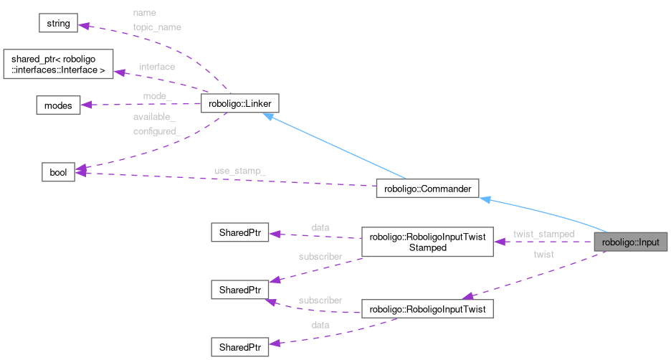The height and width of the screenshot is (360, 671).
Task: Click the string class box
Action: coord(58,24)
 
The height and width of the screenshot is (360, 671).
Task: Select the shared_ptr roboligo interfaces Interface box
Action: coord(58,65)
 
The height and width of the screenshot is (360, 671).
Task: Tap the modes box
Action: coord(58,105)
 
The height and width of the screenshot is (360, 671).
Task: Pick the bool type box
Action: coord(57,173)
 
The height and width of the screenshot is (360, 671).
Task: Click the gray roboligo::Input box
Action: coord(630,242)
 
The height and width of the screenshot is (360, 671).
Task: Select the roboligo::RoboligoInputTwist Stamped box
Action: coord(427,242)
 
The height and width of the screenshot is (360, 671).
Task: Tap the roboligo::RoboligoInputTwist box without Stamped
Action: coord(427,310)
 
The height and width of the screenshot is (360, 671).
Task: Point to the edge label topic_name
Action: coord(157,27)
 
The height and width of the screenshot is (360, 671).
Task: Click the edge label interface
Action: coord(157,67)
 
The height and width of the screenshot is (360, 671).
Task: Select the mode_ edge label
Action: coord(157,95)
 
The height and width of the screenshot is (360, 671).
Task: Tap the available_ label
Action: coord(154,117)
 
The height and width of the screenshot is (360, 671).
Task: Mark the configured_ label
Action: coord(157,131)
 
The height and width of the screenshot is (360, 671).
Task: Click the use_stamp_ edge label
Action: coord(240,171)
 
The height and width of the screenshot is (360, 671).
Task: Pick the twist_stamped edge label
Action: coord(543,234)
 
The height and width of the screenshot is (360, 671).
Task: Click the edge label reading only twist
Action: coord(543,255)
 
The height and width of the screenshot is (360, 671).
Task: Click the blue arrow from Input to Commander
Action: coord(545,214)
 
